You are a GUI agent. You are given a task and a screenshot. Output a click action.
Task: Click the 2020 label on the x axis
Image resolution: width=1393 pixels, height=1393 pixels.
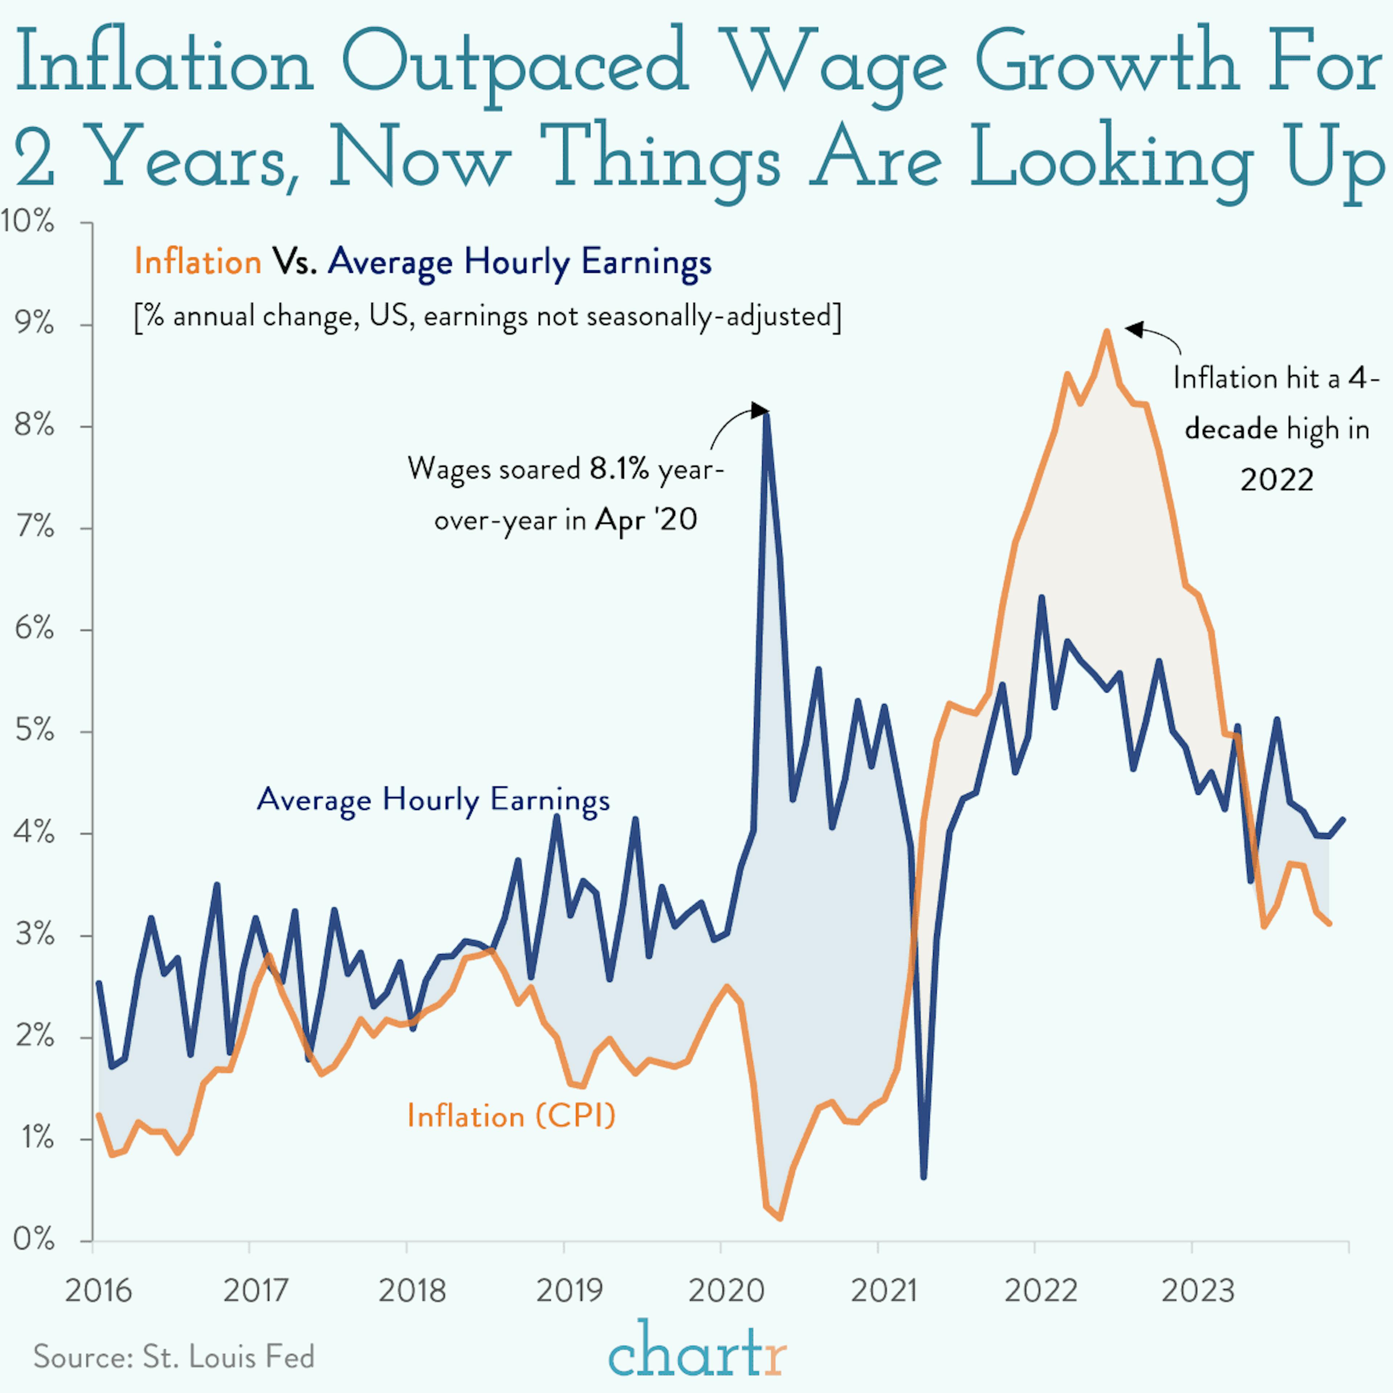(x=726, y=1291)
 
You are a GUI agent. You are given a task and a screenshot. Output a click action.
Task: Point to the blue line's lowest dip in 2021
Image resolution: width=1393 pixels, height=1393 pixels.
(x=924, y=1178)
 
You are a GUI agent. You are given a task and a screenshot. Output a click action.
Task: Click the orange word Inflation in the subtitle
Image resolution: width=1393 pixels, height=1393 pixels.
(x=198, y=261)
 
